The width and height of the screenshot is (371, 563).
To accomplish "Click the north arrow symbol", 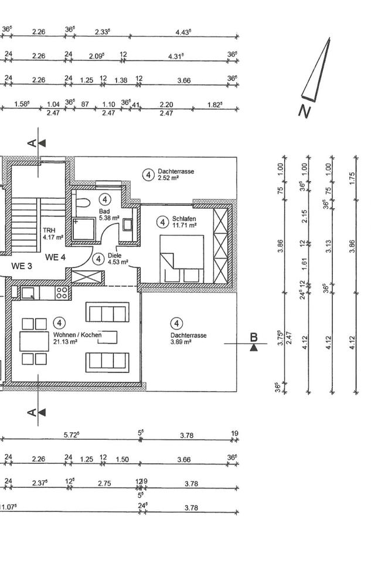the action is [x=317, y=70].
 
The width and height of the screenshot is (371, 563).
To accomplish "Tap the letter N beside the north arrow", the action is [x=304, y=111].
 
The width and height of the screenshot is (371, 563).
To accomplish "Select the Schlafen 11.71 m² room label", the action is [x=184, y=221].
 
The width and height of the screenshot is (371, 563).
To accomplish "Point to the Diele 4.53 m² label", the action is [x=118, y=259].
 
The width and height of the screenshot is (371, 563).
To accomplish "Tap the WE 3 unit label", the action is [x=22, y=266].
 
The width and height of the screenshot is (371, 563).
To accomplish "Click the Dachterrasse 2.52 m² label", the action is [x=175, y=174].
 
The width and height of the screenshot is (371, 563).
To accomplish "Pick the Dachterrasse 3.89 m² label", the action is [x=176, y=338].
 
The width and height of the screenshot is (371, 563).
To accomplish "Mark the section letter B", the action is [x=254, y=337].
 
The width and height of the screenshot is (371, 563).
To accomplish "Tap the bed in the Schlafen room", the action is [x=182, y=259].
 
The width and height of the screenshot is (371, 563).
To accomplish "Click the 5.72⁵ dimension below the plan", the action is [x=72, y=435].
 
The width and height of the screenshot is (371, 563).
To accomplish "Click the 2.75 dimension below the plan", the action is [x=104, y=483].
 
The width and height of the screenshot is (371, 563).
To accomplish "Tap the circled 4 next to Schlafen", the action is [x=162, y=222].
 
